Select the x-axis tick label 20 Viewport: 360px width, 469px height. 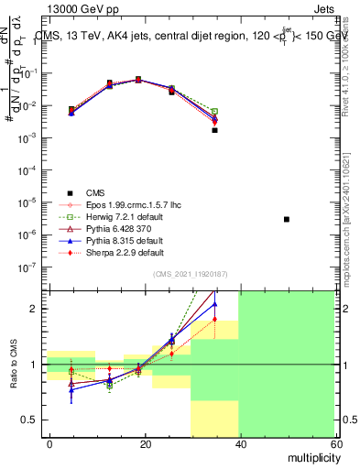[145, 443]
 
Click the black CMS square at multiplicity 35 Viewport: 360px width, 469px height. [214, 130]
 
